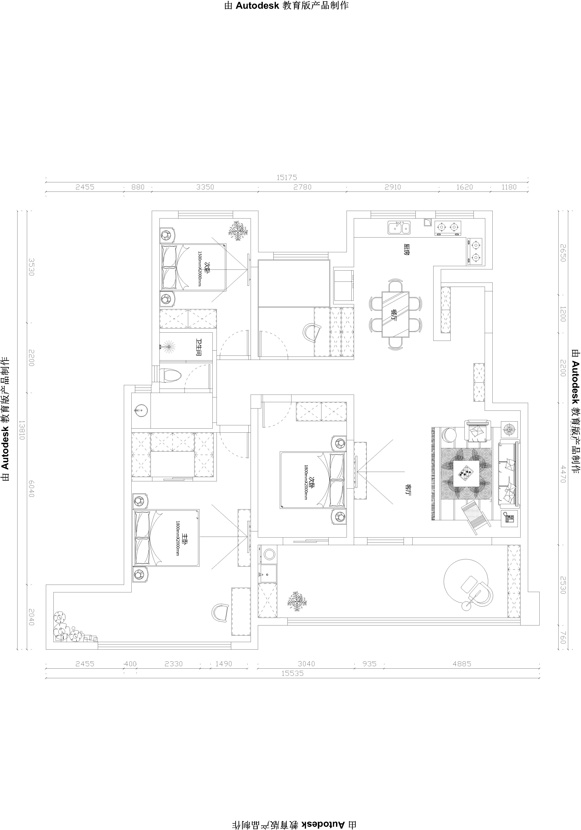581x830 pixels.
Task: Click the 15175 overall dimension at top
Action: click(287, 178)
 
